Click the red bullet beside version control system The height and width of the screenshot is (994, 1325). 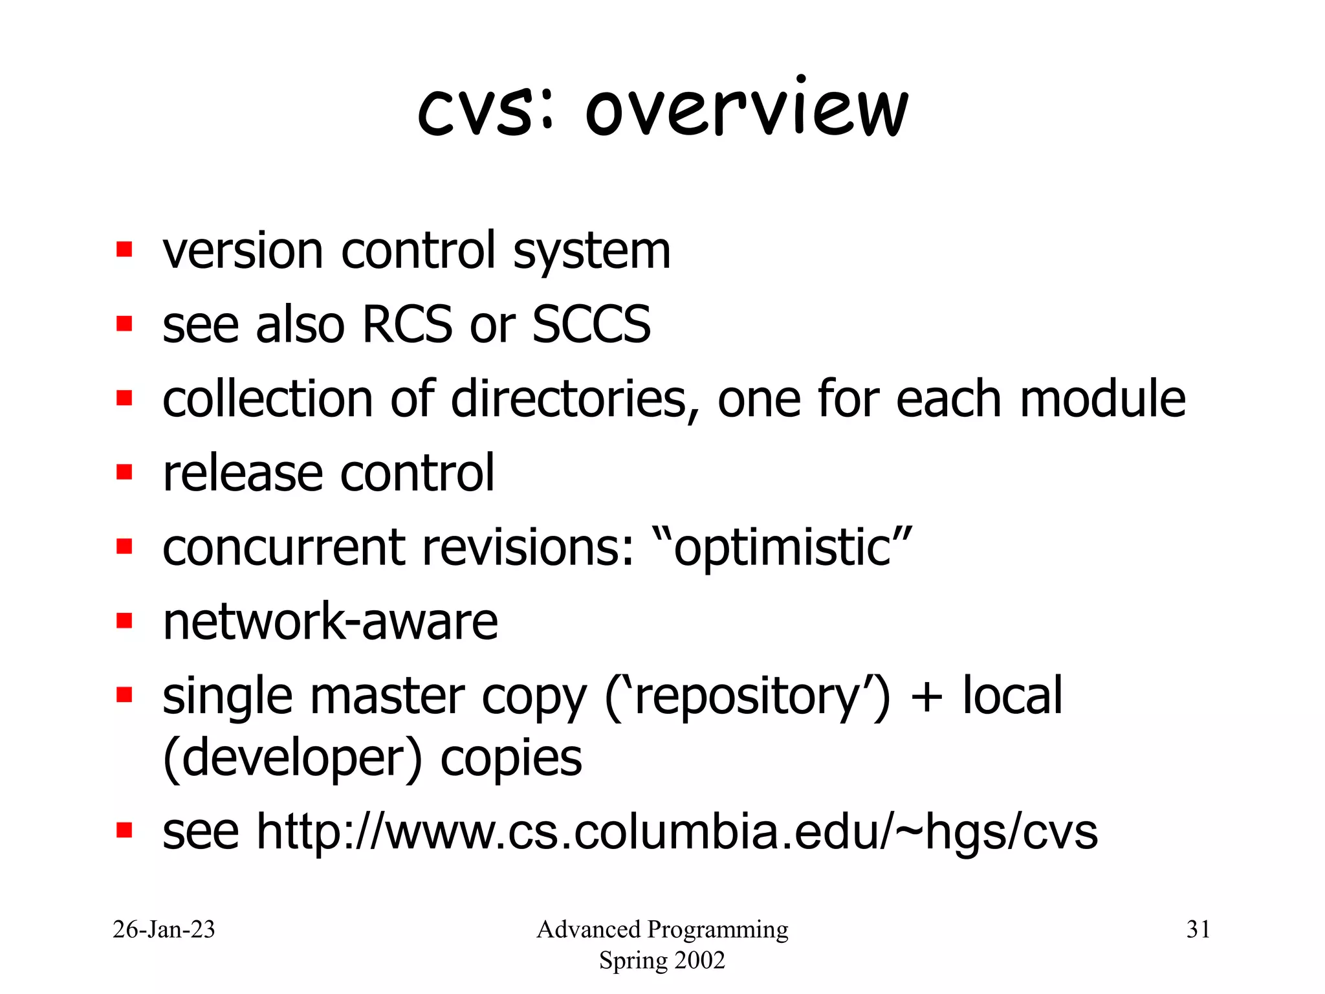point(124,249)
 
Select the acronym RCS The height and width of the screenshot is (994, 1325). point(408,324)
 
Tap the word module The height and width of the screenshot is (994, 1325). point(1102,399)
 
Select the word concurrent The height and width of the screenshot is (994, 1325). point(283,547)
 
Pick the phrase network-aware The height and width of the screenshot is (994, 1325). point(330,622)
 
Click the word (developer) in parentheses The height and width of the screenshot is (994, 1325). point(292,758)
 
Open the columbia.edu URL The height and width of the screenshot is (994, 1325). point(677,832)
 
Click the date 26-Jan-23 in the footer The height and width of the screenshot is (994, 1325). point(164,930)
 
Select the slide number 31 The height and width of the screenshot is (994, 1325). point(1198,930)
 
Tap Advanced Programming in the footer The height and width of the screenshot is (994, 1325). point(662,930)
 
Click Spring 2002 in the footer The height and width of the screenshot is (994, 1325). point(662,960)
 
